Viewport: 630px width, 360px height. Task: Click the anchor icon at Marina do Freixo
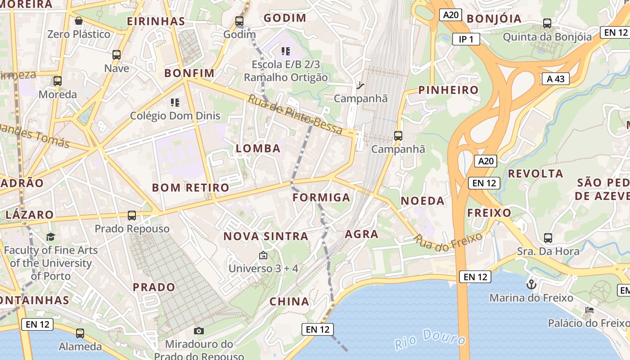click(531, 284)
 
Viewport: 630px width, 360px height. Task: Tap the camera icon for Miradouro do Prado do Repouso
click(198, 331)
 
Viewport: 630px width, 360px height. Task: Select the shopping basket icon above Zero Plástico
click(79, 21)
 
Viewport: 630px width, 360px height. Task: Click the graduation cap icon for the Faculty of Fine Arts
click(50, 237)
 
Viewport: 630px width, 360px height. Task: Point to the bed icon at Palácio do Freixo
click(589, 310)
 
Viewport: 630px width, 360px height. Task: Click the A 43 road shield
click(556, 79)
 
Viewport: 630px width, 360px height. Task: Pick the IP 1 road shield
click(466, 39)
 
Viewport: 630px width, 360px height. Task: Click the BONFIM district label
click(189, 73)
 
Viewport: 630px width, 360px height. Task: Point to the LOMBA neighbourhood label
click(258, 148)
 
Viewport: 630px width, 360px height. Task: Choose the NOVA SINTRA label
click(265, 236)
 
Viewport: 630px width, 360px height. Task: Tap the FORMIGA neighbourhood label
click(321, 198)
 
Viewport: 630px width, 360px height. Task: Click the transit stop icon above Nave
click(117, 55)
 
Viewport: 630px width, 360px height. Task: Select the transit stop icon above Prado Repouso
click(132, 216)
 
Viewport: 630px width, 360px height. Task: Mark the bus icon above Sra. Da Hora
click(548, 238)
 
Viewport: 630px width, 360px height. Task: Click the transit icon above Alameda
click(80, 333)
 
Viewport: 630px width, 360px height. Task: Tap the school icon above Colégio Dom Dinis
click(175, 103)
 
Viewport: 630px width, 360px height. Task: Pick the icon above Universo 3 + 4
click(263, 256)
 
